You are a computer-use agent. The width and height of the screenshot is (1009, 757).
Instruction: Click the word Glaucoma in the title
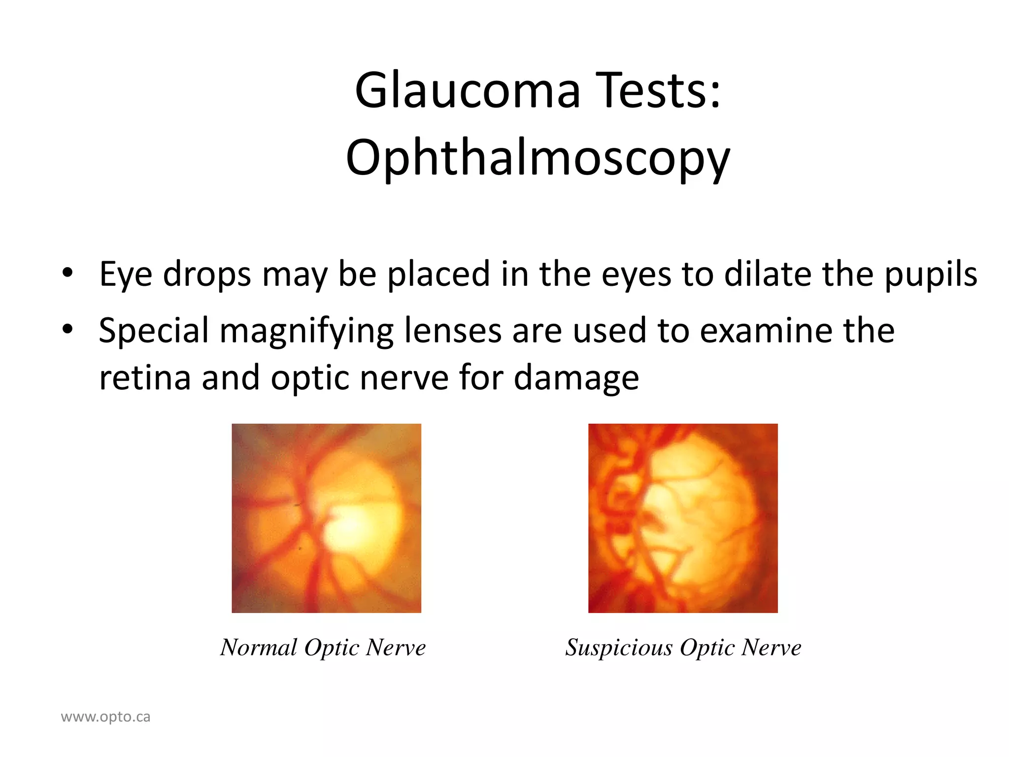(467, 91)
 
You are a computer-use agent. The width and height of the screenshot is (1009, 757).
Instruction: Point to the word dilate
(768, 274)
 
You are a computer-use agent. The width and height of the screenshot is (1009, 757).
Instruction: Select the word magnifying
(306, 331)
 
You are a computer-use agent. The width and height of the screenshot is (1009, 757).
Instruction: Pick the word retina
(145, 378)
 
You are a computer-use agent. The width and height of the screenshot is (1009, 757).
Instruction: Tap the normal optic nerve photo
(326, 518)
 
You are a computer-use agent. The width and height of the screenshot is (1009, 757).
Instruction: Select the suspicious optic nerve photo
(683, 518)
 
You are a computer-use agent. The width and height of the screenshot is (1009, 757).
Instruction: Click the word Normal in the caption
(259, 648)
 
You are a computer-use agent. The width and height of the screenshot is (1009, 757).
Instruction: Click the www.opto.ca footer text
(105, 717)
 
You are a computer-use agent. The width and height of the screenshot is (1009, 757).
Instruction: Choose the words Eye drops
(175, 274)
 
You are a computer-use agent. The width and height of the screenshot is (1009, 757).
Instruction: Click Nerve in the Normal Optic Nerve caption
(396, 648)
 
